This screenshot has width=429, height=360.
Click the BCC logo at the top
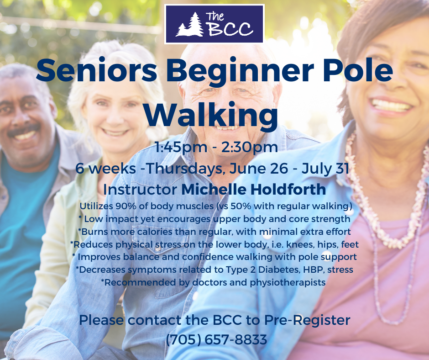(214, 24)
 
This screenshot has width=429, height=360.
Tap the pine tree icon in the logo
(190, 25)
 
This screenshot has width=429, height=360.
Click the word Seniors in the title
(96, 70)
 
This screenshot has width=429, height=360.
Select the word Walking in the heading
(211, 114)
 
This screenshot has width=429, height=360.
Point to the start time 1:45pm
(181, 148)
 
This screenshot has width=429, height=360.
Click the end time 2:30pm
(250, 148)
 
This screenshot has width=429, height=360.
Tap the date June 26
(259, 169)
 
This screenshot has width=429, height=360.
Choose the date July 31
(325, 169)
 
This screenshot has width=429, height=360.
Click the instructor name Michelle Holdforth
(254, 189)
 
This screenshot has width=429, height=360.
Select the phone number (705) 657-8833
(216, 340)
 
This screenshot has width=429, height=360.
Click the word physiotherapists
(288, 282)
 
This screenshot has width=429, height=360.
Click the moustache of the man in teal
(23, 130)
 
